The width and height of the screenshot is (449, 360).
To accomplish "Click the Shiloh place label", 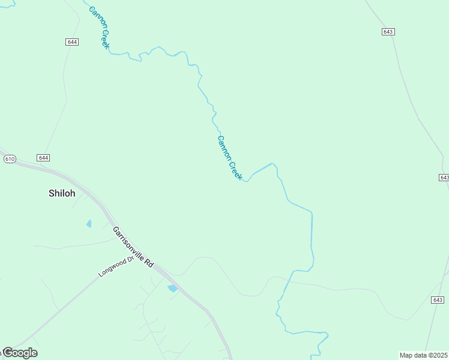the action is click(62, 193).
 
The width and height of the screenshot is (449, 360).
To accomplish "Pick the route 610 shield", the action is click(9, 159).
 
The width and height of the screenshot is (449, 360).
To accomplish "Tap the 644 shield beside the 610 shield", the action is click(43, 158).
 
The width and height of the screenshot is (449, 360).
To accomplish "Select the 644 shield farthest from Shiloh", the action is click(72, 41).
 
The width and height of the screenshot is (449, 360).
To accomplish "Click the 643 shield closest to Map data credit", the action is click(438, 299).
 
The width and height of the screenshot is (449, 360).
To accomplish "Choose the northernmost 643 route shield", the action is click(388, 31).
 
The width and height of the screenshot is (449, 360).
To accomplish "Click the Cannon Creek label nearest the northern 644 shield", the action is click(99, 28).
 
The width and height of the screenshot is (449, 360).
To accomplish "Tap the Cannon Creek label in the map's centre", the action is click(230, 158).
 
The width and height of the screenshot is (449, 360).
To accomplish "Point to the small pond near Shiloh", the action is click(89, 224).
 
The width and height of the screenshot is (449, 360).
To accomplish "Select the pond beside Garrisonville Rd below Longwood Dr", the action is click(173, 289).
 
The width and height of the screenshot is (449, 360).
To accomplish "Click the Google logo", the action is click(20, 353).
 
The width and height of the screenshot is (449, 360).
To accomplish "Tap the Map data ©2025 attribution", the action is click(424, 355).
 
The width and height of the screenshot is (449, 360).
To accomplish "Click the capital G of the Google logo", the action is click(8, 352).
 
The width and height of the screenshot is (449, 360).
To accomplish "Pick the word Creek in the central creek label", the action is click(235, 170).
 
